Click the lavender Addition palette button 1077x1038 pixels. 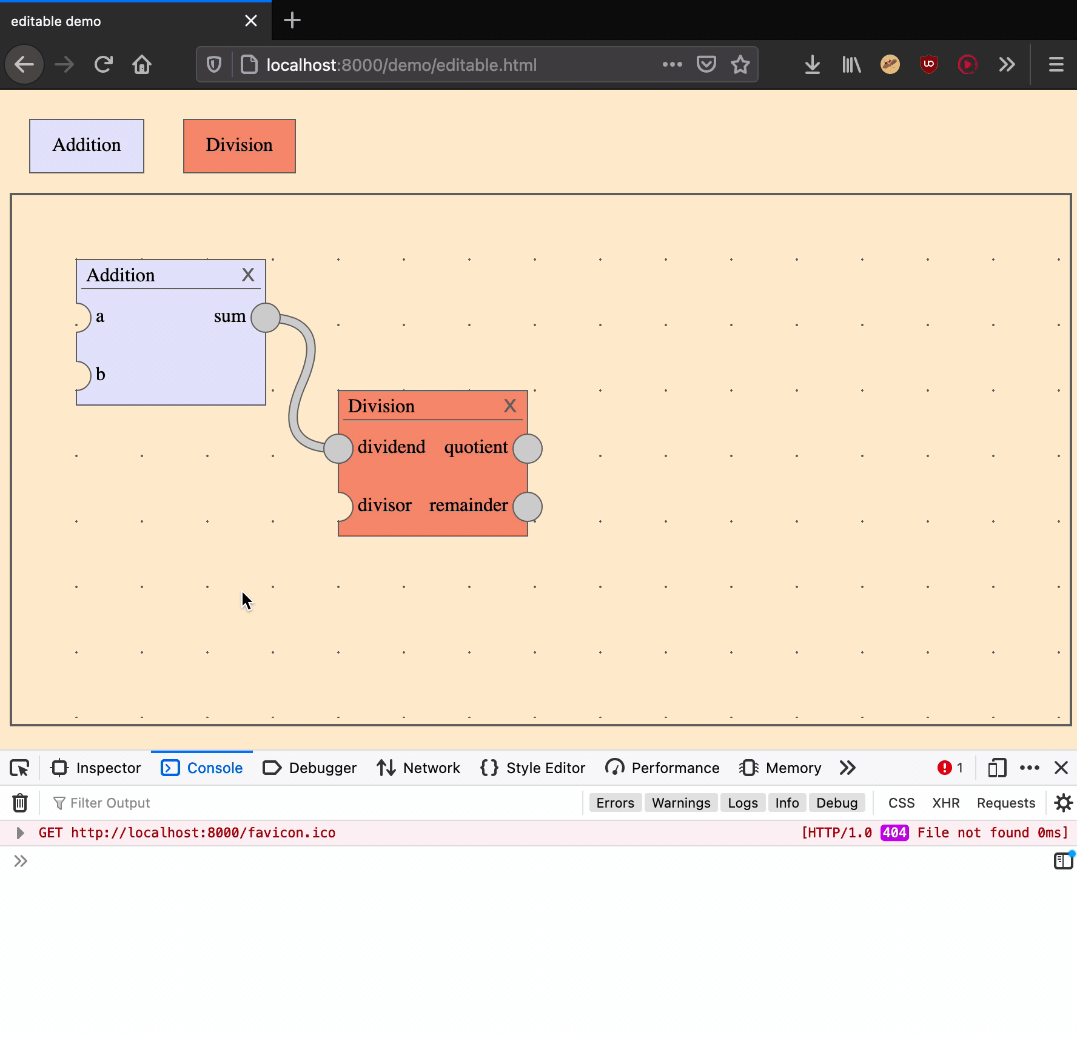[x=87, y=146]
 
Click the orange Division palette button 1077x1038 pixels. [x=240, y=146]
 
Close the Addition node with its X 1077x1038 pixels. [x=248, y=275]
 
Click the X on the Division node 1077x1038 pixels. [x=510, y=406]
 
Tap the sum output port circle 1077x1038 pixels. [x=266, y=318]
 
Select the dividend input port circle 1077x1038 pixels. [x=338, y=449]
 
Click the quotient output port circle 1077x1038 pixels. [x=528, y=449]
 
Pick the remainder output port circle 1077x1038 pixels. [x=528, y=507]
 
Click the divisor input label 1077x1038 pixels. [x=384, y=505]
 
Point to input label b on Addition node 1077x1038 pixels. [x=101, y=375]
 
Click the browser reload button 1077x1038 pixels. [x=104, y=64]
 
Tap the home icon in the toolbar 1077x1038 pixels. [x=142, y=64]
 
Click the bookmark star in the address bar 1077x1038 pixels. [x=740, y=64]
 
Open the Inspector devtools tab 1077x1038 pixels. [x=96, y=768]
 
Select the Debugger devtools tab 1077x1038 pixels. [x=310, y=768]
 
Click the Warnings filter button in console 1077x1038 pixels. [x=681, y=803]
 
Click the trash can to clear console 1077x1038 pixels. [x=20, y=803]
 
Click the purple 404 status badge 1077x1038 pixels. [x=894, y=833]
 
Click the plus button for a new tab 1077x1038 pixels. [x=292, y=21]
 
